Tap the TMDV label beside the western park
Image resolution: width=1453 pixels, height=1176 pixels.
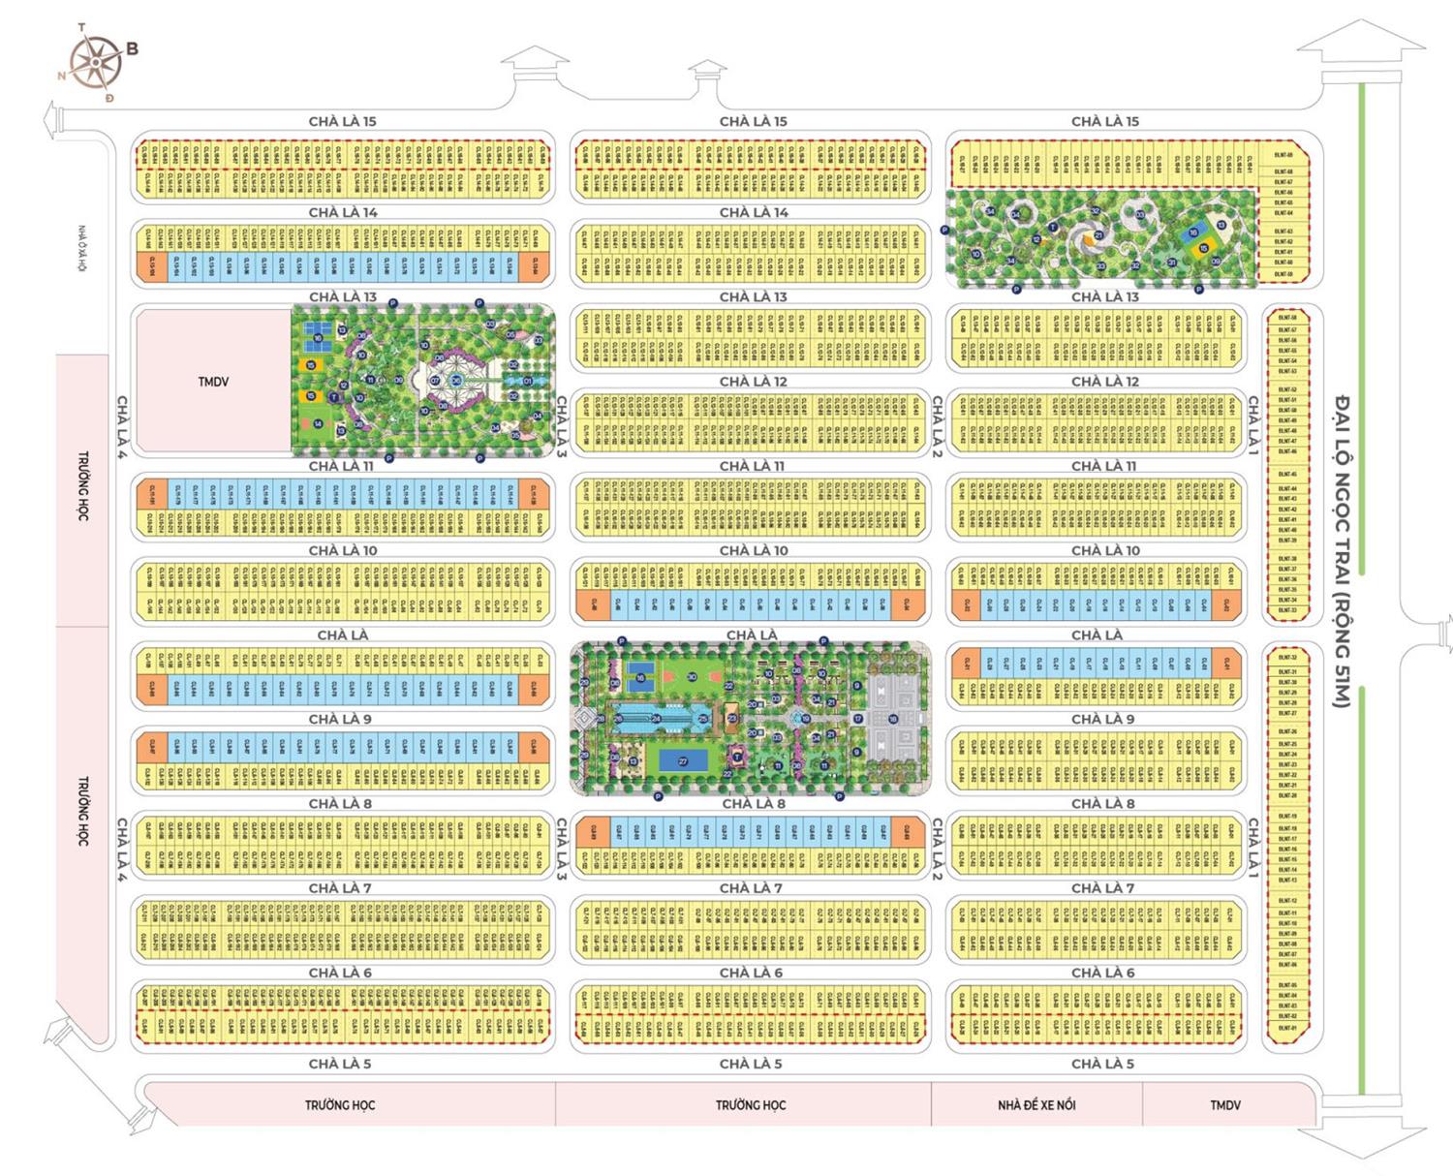click(x=213, y=382)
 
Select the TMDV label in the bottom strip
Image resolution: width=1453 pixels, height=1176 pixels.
click(x=1225, y=1104)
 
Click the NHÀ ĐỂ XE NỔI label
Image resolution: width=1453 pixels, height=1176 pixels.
click(x=1036, y=1104)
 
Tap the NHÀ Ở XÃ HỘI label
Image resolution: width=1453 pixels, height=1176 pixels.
click(x=84, y=249)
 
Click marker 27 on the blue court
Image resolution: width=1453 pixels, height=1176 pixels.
click(x=683, y=761)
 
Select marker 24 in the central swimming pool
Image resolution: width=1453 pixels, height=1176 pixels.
click(x=656, y=719)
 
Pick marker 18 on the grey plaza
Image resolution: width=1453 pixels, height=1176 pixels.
click(x=892, y=719)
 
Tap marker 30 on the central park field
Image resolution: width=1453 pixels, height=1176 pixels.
click(x=692, y=677)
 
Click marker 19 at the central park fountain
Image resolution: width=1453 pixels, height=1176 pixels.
click(x=806, y=719)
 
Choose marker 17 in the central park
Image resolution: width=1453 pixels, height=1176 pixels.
click(x=857, y=719)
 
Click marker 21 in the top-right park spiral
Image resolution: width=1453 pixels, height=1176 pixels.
click(x=1098, y=234)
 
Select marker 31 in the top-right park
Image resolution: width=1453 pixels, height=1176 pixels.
click(x=1171, y=262)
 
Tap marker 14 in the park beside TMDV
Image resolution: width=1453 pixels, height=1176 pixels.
click(x=318, y=423)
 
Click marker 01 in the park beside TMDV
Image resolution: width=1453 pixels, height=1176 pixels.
click(x=528, y=381)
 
